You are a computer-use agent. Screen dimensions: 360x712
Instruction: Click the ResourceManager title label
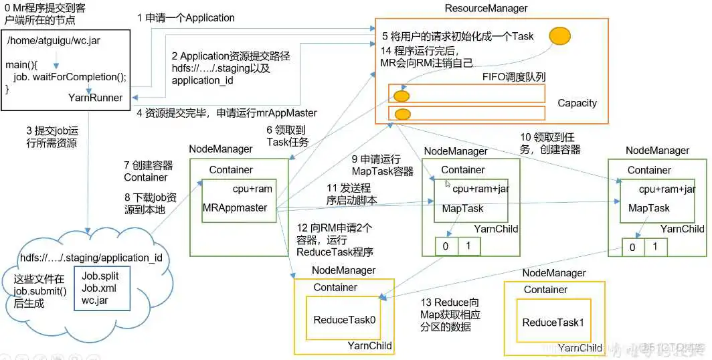[x=486, y=8]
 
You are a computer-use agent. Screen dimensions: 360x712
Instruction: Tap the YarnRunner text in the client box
[x=95, y=98]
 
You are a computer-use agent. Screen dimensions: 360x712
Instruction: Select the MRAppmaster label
[x=235, y=207]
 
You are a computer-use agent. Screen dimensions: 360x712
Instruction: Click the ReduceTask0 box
[x=345, y=319]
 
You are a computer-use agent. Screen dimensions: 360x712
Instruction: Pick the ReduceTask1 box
[x=553, y=322]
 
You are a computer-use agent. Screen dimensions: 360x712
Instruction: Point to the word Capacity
[x=577, y=103]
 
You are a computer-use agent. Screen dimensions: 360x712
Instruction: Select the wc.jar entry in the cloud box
[x=95, y=300]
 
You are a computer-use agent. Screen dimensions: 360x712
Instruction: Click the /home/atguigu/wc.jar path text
[x=54, y=40]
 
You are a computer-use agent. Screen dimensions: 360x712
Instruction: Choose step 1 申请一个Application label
[x=186, y=18]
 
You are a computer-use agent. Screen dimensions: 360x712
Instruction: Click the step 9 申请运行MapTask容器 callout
[x=382, y=165]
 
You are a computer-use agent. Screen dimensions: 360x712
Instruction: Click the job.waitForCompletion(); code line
[x=69, y=76]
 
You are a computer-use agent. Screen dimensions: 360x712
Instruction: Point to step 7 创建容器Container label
[x=148, y=171]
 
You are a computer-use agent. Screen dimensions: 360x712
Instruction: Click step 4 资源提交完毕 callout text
[x=227, y=112]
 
